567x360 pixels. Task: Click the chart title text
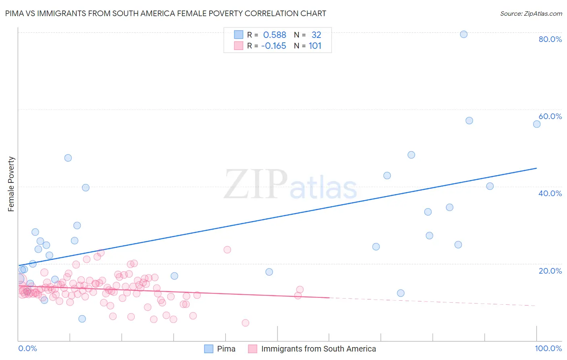click(166, 13)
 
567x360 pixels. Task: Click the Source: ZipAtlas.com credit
click(531, 13)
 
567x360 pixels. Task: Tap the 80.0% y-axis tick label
click(550, 39)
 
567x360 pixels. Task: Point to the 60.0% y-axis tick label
click(550, 116)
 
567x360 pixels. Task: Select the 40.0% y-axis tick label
click(550, 193)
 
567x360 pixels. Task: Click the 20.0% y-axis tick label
click(550, 270)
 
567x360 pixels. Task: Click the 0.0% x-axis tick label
click(27, 348)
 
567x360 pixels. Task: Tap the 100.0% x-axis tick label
click(548, 348)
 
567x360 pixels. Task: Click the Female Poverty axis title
click(11, 184)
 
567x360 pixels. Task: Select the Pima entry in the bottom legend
click(226, 349)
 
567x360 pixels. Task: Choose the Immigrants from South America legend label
click(318, 349)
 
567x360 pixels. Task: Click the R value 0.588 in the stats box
click(274, 35)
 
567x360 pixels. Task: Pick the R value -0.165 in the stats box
click(273, 46)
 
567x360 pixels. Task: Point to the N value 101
click(315, 46)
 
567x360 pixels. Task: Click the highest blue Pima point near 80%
click(464, 34)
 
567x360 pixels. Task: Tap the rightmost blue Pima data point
click(537, 124)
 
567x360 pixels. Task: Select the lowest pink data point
click(246, 323)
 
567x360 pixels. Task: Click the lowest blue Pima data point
click(82, 319)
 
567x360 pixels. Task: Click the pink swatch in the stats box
click(239, 46)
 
